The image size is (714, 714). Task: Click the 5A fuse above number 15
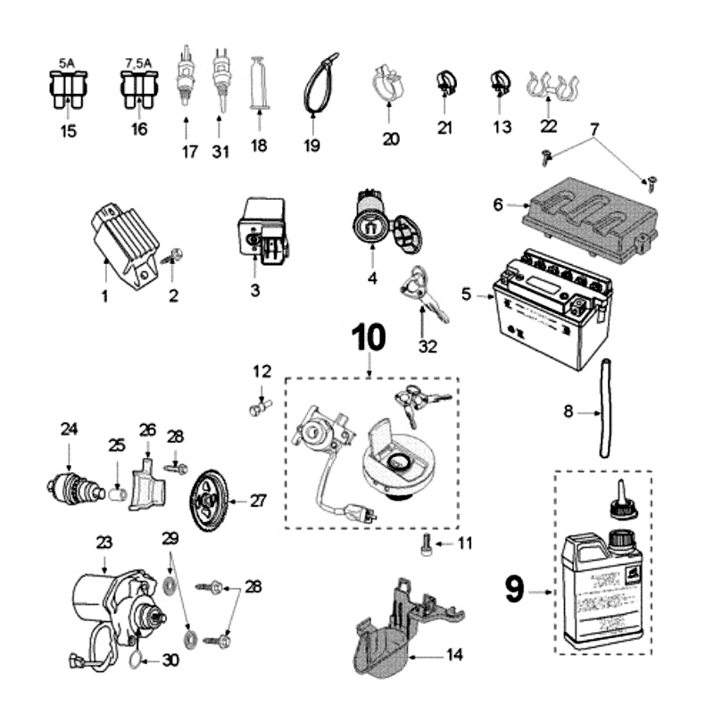click(x=68, y=89)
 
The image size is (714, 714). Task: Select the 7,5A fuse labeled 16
click(x=137, y=89)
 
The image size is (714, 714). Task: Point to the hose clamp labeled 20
click(x=388, y=86)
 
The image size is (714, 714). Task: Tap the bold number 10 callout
click(x=369, y=336)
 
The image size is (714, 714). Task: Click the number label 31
click(x=220, y=152)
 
